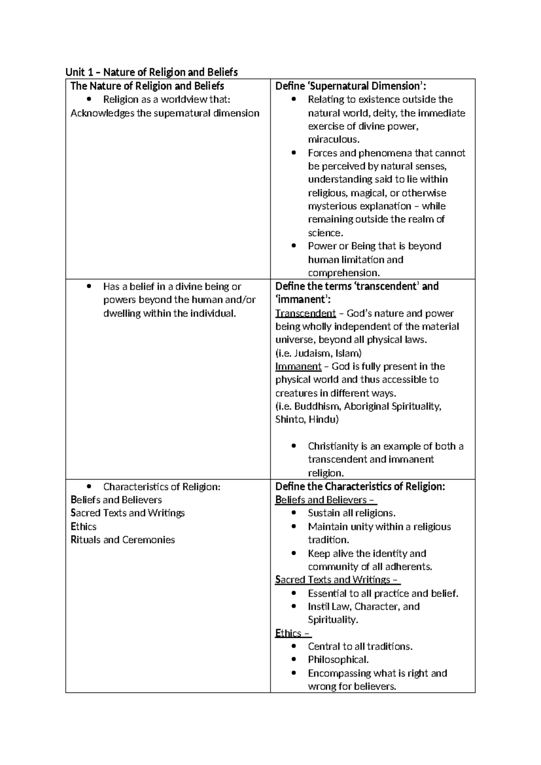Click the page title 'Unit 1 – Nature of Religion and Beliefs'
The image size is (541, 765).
point(151,72)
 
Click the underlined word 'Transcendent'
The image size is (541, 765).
point(306,313)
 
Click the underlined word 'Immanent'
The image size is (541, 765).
point(298,366)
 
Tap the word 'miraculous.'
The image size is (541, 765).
point(334,139)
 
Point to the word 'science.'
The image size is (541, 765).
point(326,233)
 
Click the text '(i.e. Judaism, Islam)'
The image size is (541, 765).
point(318,353)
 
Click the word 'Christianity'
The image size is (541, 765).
point(333,446)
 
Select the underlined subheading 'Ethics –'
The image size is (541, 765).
point(293,633)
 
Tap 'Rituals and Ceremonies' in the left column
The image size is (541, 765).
point(123,540)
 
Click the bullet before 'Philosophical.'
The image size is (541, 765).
point(294,660)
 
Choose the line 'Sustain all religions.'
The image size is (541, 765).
point(352,513)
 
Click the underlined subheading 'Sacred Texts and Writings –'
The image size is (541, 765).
point(337,580)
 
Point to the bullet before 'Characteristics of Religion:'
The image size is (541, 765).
point(90,486)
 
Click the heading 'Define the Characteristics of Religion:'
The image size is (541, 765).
point(360,486)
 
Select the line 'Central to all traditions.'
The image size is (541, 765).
point(360,646)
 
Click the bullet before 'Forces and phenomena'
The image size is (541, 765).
point(294,153)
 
